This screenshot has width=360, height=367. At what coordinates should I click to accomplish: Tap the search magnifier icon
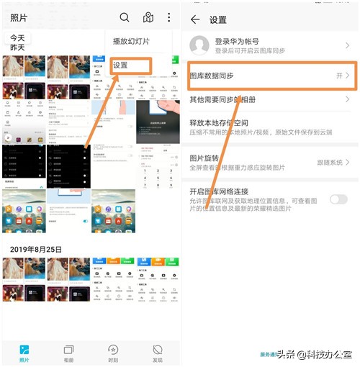coord(125,18)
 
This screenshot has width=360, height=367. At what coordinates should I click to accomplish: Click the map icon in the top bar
coord(148,18)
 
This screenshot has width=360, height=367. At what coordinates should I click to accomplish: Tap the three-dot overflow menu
coord(168,18)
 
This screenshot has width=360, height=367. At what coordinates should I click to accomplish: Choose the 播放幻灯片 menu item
coord(131,42)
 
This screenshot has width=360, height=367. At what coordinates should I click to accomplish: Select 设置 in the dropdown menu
coord(120,65)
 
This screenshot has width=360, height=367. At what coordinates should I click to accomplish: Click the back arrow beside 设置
coord(195,19)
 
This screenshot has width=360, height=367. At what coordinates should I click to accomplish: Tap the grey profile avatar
coord(199,46)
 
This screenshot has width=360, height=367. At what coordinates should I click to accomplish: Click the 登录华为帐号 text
coord(238,42)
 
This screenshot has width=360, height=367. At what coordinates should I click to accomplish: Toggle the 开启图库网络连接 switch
coord(338,199)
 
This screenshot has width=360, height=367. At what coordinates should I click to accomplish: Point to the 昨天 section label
coord(17,47)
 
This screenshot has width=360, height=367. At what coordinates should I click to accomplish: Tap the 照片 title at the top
coord(19,18)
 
